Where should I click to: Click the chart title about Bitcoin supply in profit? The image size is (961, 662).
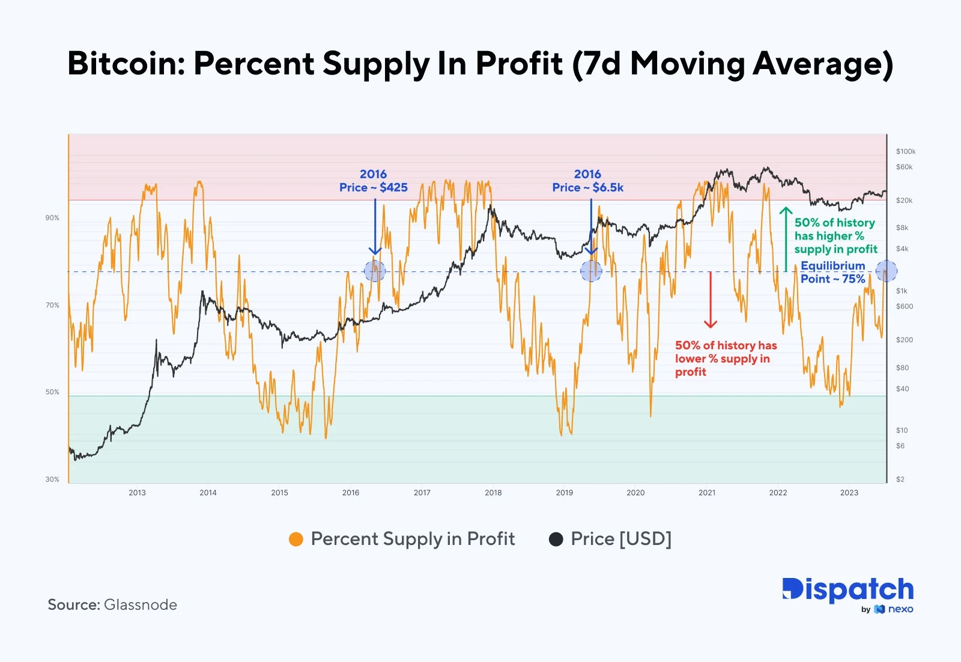480,64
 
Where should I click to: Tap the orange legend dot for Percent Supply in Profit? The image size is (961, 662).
296,539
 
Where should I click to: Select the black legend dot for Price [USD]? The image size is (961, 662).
556,539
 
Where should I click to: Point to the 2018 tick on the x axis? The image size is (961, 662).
493,493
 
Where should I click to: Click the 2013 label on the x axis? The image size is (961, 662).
137,493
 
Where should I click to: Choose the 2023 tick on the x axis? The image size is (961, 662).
849,493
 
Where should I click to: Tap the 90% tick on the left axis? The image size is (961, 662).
52,218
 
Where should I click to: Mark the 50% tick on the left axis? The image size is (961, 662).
52,392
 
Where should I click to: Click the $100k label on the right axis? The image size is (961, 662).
906,151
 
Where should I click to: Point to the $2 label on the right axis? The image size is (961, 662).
900,479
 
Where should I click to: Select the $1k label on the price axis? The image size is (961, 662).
902,291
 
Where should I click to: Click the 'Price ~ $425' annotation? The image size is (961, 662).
373,187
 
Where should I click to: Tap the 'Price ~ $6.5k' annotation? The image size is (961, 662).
587,187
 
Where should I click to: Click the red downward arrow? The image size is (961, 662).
711,300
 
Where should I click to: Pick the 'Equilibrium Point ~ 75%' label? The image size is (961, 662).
832,272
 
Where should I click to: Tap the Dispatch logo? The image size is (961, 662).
847,591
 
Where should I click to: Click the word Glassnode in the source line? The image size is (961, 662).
141,604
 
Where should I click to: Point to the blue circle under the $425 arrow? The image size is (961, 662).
375,271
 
